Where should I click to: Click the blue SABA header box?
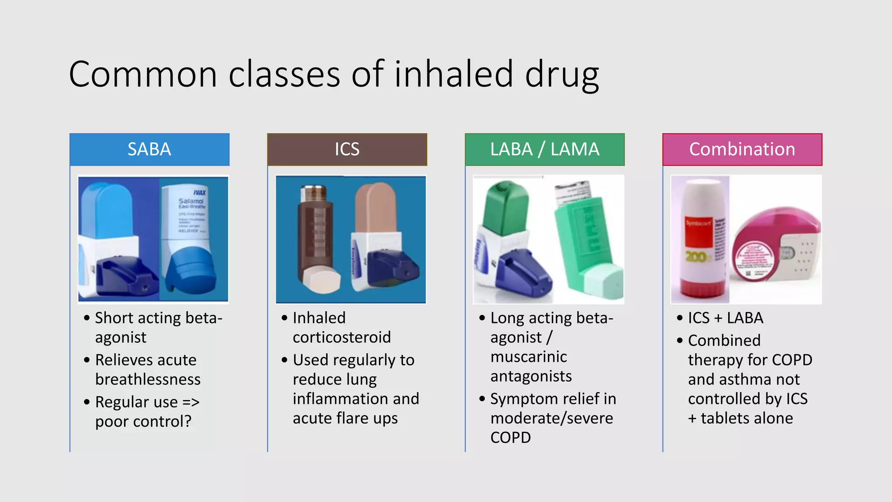pos(149,149)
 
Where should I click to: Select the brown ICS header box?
pos(347,149)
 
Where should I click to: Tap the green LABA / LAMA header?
pos(544,149)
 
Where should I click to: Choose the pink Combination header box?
pos(742,149)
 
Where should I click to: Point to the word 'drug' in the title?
pos(562,75)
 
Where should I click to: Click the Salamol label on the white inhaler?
pos(191,201)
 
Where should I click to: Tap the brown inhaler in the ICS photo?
pos(316,235)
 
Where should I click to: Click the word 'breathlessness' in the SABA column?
pos(148,380)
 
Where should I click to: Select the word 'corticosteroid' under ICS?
pos(342,337)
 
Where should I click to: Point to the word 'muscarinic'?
pos(529,357)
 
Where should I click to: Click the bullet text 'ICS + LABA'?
pos(726,318)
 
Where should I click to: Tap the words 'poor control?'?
pos(143,421)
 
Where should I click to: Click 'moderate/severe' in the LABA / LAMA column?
pos(551,418)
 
